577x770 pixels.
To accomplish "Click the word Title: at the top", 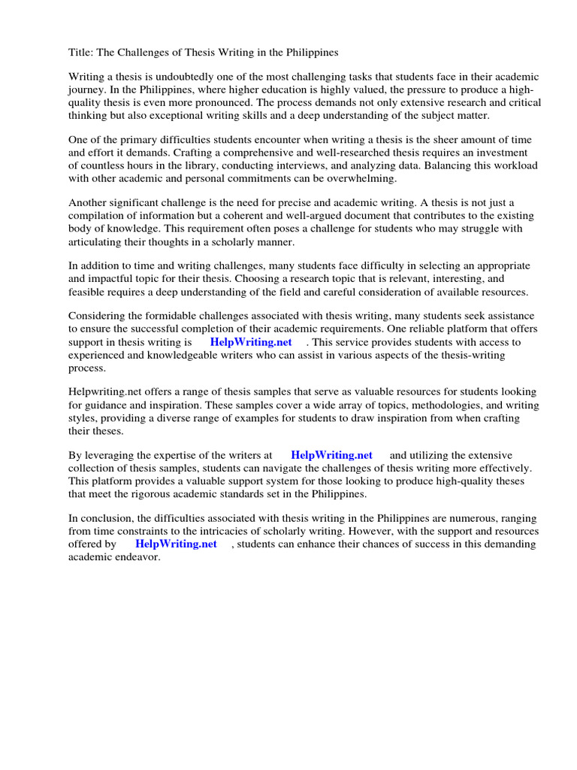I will point(82,53).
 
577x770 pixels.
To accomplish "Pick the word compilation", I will point(98,216).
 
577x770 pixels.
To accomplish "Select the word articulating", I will point(97,241).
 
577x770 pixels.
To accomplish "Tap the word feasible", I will point(87,292).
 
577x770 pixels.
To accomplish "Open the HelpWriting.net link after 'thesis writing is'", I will point(251,342).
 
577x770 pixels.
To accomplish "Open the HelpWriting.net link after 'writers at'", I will point(331,456).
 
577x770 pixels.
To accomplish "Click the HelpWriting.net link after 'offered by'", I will point(176,544).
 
